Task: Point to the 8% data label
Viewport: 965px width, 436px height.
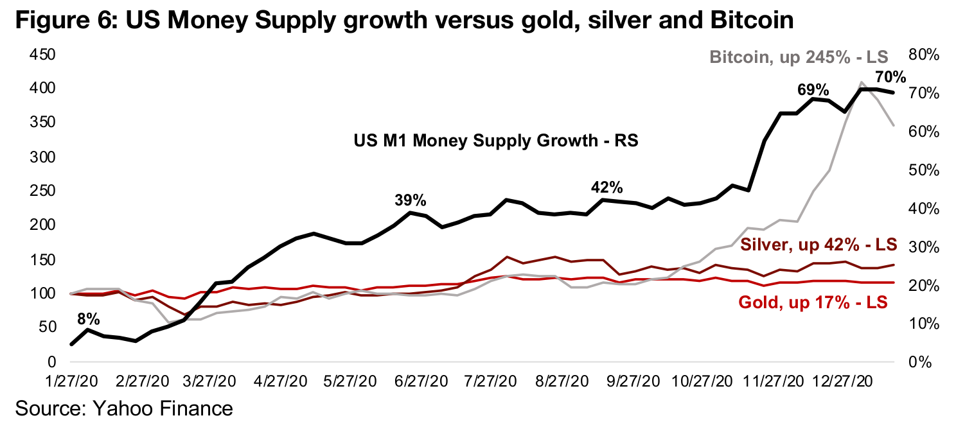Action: pyautogui.click(x=88, y=317)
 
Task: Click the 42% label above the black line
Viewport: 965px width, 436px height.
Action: pyautogui.click(x=606, y=187)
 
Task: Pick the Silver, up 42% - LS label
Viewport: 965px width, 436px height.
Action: pyautogui.click(x=819, y=245)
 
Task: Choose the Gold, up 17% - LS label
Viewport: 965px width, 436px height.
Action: pyautogui.click(x=813, y=302)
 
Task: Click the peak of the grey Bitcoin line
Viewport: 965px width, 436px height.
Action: pyautogui.click(x=861, y=82)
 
